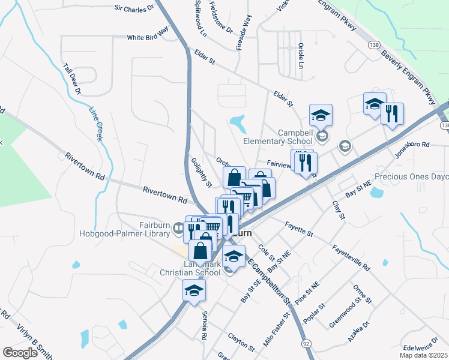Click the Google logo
pyautogui.click(x=19, y=353)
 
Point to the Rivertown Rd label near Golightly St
pyautogui.click(x=165, y=196)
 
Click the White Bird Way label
pyautogui.click(x=148, y=37)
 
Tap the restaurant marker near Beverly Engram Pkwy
pyautogui.click(x=392, y=114)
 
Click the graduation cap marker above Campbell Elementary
pyautogui.click(x=321, y=115)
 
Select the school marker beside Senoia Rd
pyautogui.click(x=194, y=292)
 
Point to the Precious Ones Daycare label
pyautogui.click(x=412, y=177)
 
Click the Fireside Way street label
pyautogui.click(x=243, y=32)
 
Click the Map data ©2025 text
pyautogui.click(x=422, y=355)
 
